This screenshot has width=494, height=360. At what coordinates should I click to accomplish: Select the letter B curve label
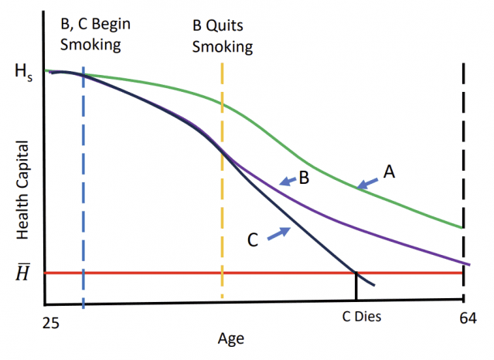pyautogui.click(x=305, y=179)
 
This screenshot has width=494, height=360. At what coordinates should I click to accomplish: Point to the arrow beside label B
pyautogui.click(x=288, y=182)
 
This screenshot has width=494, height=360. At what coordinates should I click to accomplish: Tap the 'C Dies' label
pyautogui.click(x=362, y=317)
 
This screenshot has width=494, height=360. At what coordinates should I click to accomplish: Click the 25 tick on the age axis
pyautogui.click(x=50, y=317)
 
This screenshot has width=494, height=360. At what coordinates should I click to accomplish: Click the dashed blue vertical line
pyautogui.click(x=83, y=193)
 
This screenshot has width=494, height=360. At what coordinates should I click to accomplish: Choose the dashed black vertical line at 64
pyautogui.click(x=464, y=155)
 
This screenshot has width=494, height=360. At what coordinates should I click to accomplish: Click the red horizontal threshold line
pyautogui.click(x=193, y=273)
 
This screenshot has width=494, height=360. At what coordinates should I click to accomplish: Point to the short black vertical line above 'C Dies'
pyautogui.click(x=356, y=287)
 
